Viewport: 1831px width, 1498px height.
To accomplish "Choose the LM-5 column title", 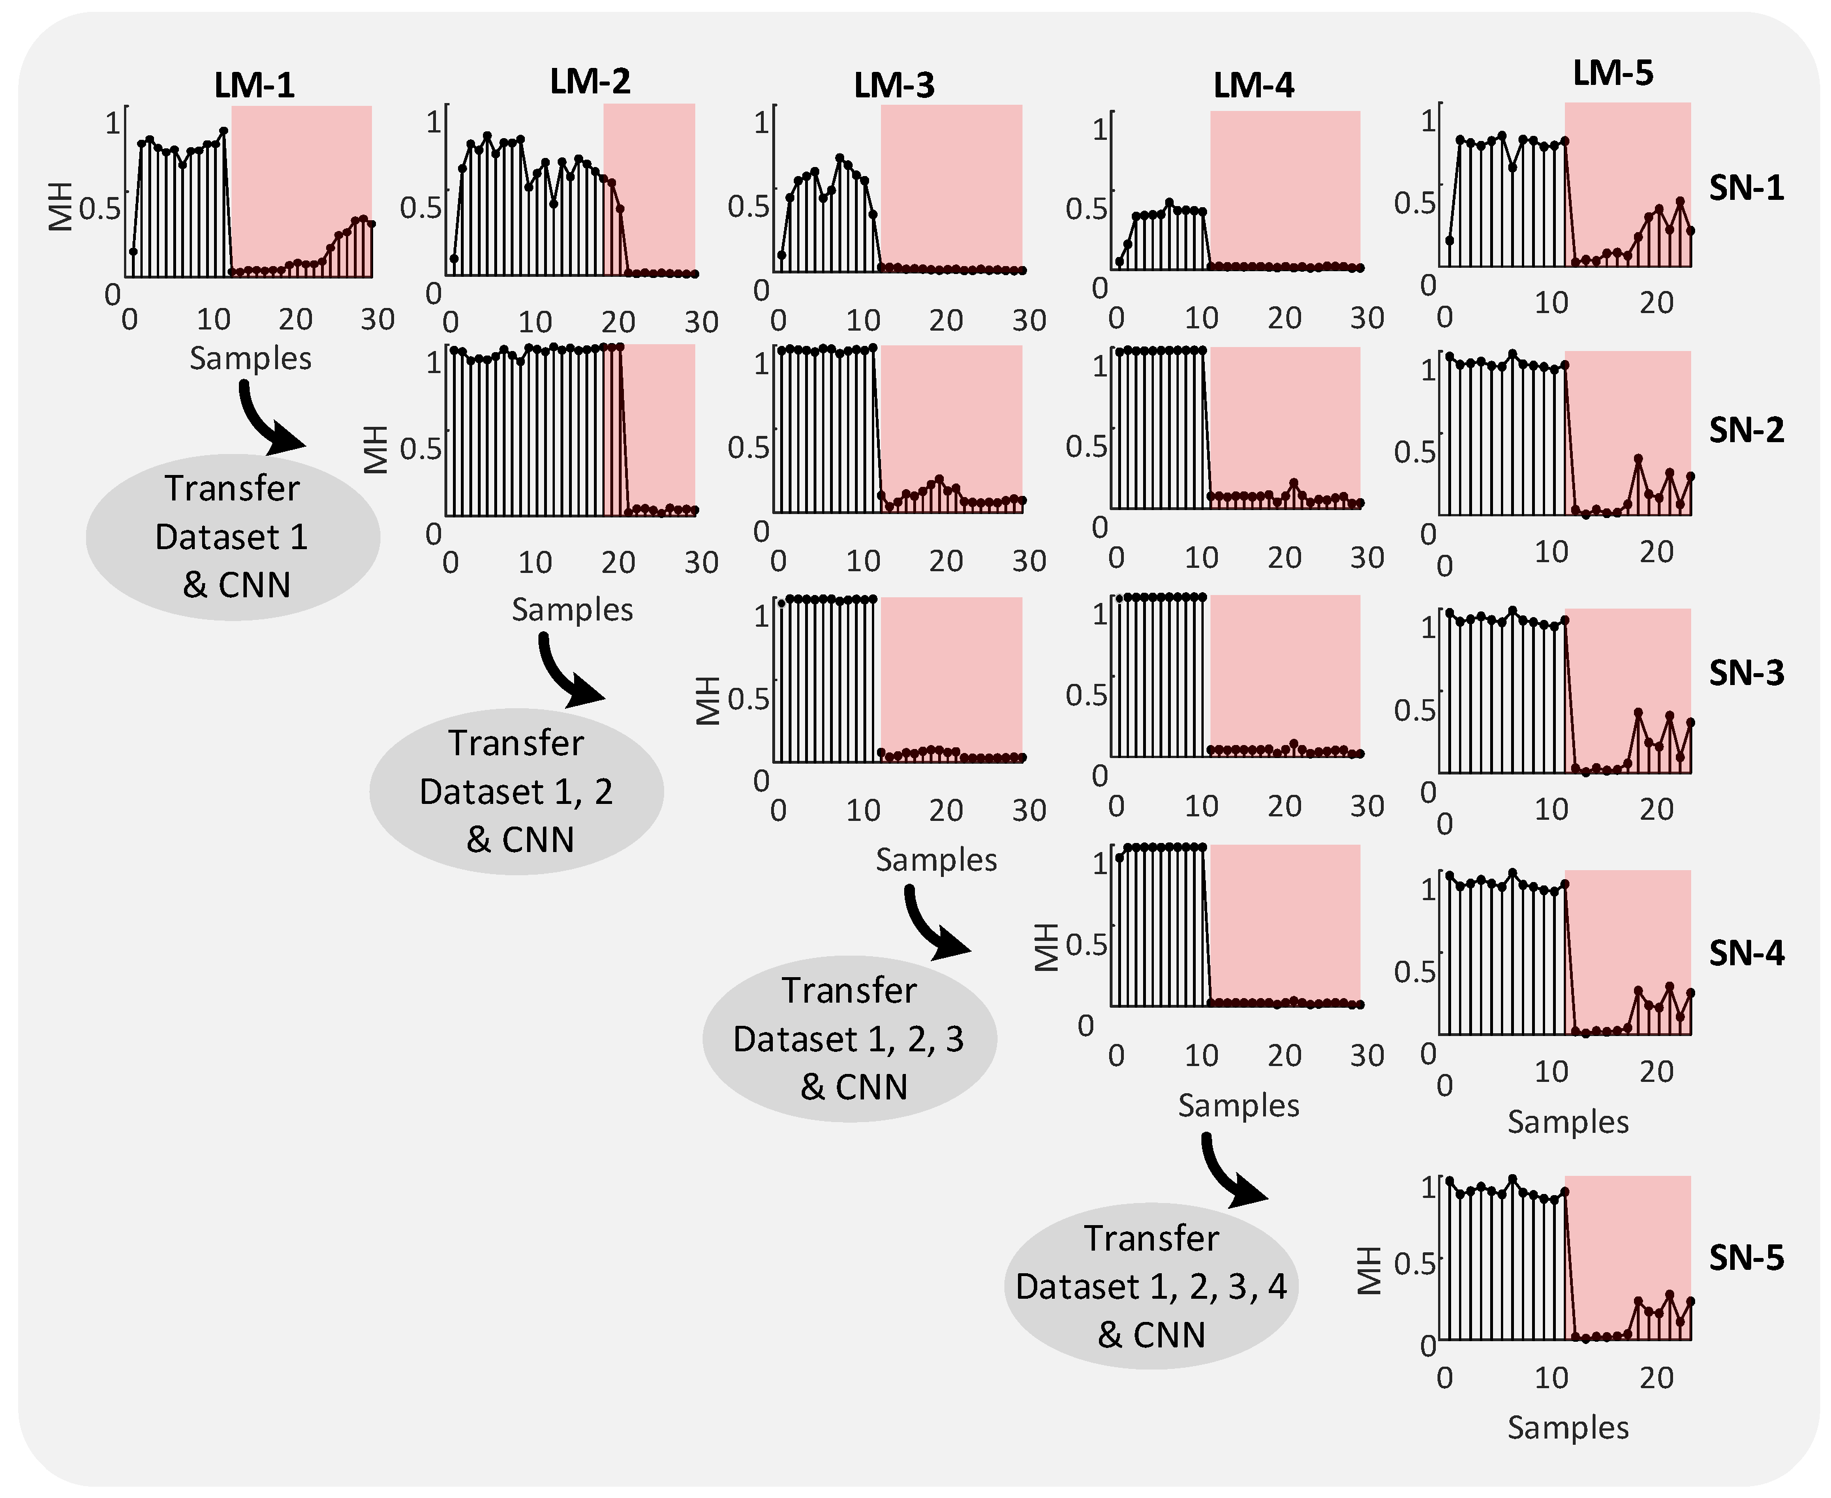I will [1612, 74].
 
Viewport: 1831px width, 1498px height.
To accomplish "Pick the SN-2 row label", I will [1747, 430].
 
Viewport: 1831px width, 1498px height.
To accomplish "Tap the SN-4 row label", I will [1747, 953].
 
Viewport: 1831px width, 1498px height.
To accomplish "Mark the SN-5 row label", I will [1747, 1258].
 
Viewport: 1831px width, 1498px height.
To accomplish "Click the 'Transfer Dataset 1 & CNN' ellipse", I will [233, 537].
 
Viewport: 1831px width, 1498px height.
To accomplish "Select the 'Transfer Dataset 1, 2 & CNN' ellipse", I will [516, 791].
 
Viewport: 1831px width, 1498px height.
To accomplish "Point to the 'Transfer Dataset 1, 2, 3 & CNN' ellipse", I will [849, 1038].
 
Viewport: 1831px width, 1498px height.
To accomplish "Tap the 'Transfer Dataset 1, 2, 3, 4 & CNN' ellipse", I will [1151, 1286].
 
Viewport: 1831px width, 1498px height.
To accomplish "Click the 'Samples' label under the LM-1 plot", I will [250, 358].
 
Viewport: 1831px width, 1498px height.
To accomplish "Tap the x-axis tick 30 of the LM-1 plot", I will [377, 320].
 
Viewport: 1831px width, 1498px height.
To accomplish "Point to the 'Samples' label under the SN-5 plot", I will [1568, 1427].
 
